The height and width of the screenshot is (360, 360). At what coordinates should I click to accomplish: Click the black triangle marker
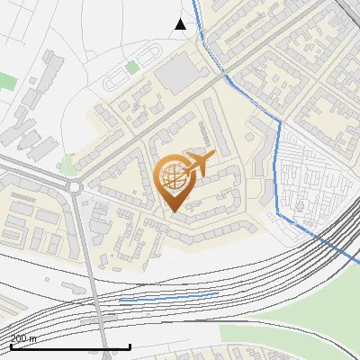(181, 24)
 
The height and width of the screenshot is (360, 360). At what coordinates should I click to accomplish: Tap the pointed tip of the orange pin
(173, 212)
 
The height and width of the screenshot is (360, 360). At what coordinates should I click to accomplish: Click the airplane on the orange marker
(198, 163)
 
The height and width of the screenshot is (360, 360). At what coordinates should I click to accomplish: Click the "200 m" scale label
(24, 338)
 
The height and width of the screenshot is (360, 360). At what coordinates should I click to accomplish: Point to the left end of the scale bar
(11, 346)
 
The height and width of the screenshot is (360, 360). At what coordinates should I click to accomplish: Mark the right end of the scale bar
(130, 346)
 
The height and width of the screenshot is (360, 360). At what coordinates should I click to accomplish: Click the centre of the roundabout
(73, 187)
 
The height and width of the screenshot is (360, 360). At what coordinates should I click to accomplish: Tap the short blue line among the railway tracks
(169, 296)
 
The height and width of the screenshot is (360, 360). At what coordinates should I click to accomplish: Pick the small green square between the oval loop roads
(132, 67)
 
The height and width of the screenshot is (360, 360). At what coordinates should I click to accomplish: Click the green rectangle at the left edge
(7, 81)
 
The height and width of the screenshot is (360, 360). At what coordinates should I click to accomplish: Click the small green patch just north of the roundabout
(67, 164)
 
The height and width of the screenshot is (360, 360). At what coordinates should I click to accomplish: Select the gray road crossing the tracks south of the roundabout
(93, 288)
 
